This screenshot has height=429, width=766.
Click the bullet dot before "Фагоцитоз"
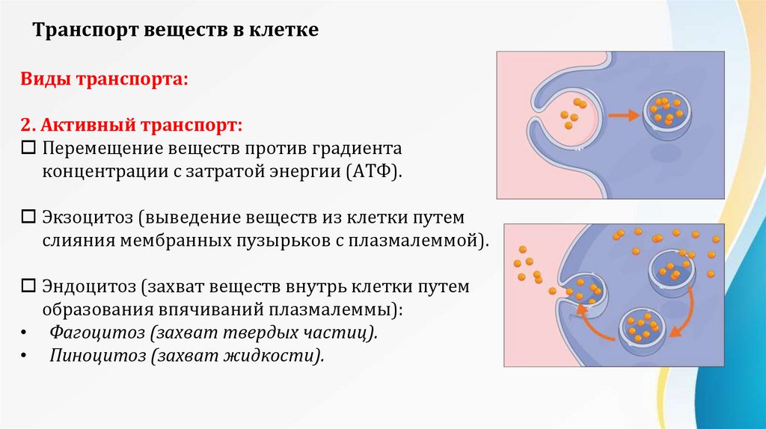coord(25,333)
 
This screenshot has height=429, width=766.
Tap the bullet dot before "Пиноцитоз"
coord(25,356)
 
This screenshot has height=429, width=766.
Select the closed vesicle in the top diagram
coord(665,116)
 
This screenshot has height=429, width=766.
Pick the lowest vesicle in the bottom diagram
coord(640,330)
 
